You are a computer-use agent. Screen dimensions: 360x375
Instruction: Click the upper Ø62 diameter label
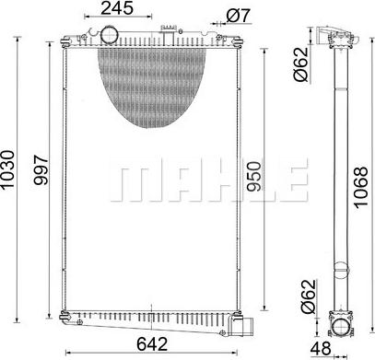click(x=300, y=65)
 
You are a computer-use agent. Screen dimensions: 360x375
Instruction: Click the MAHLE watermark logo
click(x=207, y=182)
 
